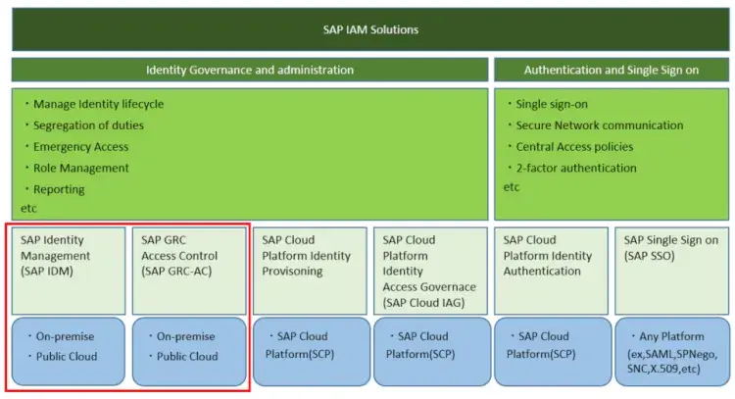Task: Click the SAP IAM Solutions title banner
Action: (370, 29)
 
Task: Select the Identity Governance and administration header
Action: (250, 71)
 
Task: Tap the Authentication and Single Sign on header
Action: (611, 71)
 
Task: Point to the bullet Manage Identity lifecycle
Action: (98, 104)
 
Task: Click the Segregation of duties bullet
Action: (88, 125)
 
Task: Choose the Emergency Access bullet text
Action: (80, 147)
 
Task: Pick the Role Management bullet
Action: (80, 169)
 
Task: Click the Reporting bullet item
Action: (59, 189)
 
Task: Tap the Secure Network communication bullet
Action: (600, 125)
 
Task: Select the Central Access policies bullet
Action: (574, 147)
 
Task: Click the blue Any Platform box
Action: (672, 350)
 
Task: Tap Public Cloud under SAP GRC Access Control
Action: (187, 357)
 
